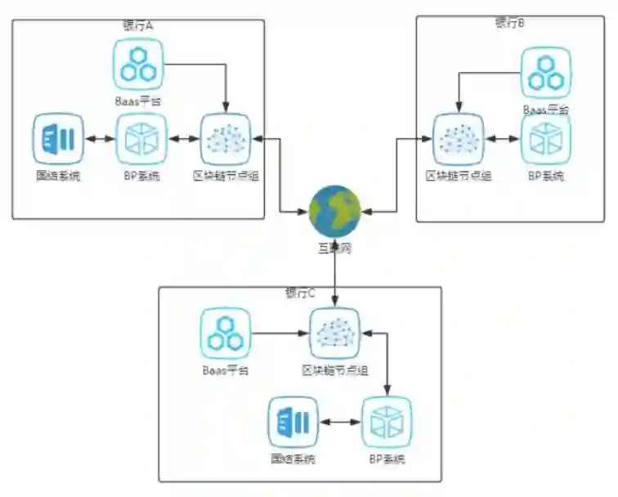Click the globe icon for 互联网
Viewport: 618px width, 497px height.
334,211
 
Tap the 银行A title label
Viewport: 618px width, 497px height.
138,26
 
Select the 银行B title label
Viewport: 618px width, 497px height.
509,23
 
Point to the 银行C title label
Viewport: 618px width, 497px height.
300,293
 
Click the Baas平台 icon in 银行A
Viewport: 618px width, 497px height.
138,64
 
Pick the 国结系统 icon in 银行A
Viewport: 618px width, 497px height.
59,139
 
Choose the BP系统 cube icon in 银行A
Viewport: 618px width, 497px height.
141,139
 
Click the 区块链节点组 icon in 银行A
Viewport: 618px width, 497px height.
226,139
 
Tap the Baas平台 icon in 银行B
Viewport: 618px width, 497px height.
546,74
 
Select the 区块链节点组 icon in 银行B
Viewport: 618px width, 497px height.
458,139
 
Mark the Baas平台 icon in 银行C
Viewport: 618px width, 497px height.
226,334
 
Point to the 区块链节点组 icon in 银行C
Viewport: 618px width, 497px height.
335,334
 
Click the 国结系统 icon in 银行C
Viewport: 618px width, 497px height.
293,422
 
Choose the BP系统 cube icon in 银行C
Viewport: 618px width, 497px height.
386,422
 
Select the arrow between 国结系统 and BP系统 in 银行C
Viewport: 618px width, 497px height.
339,423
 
